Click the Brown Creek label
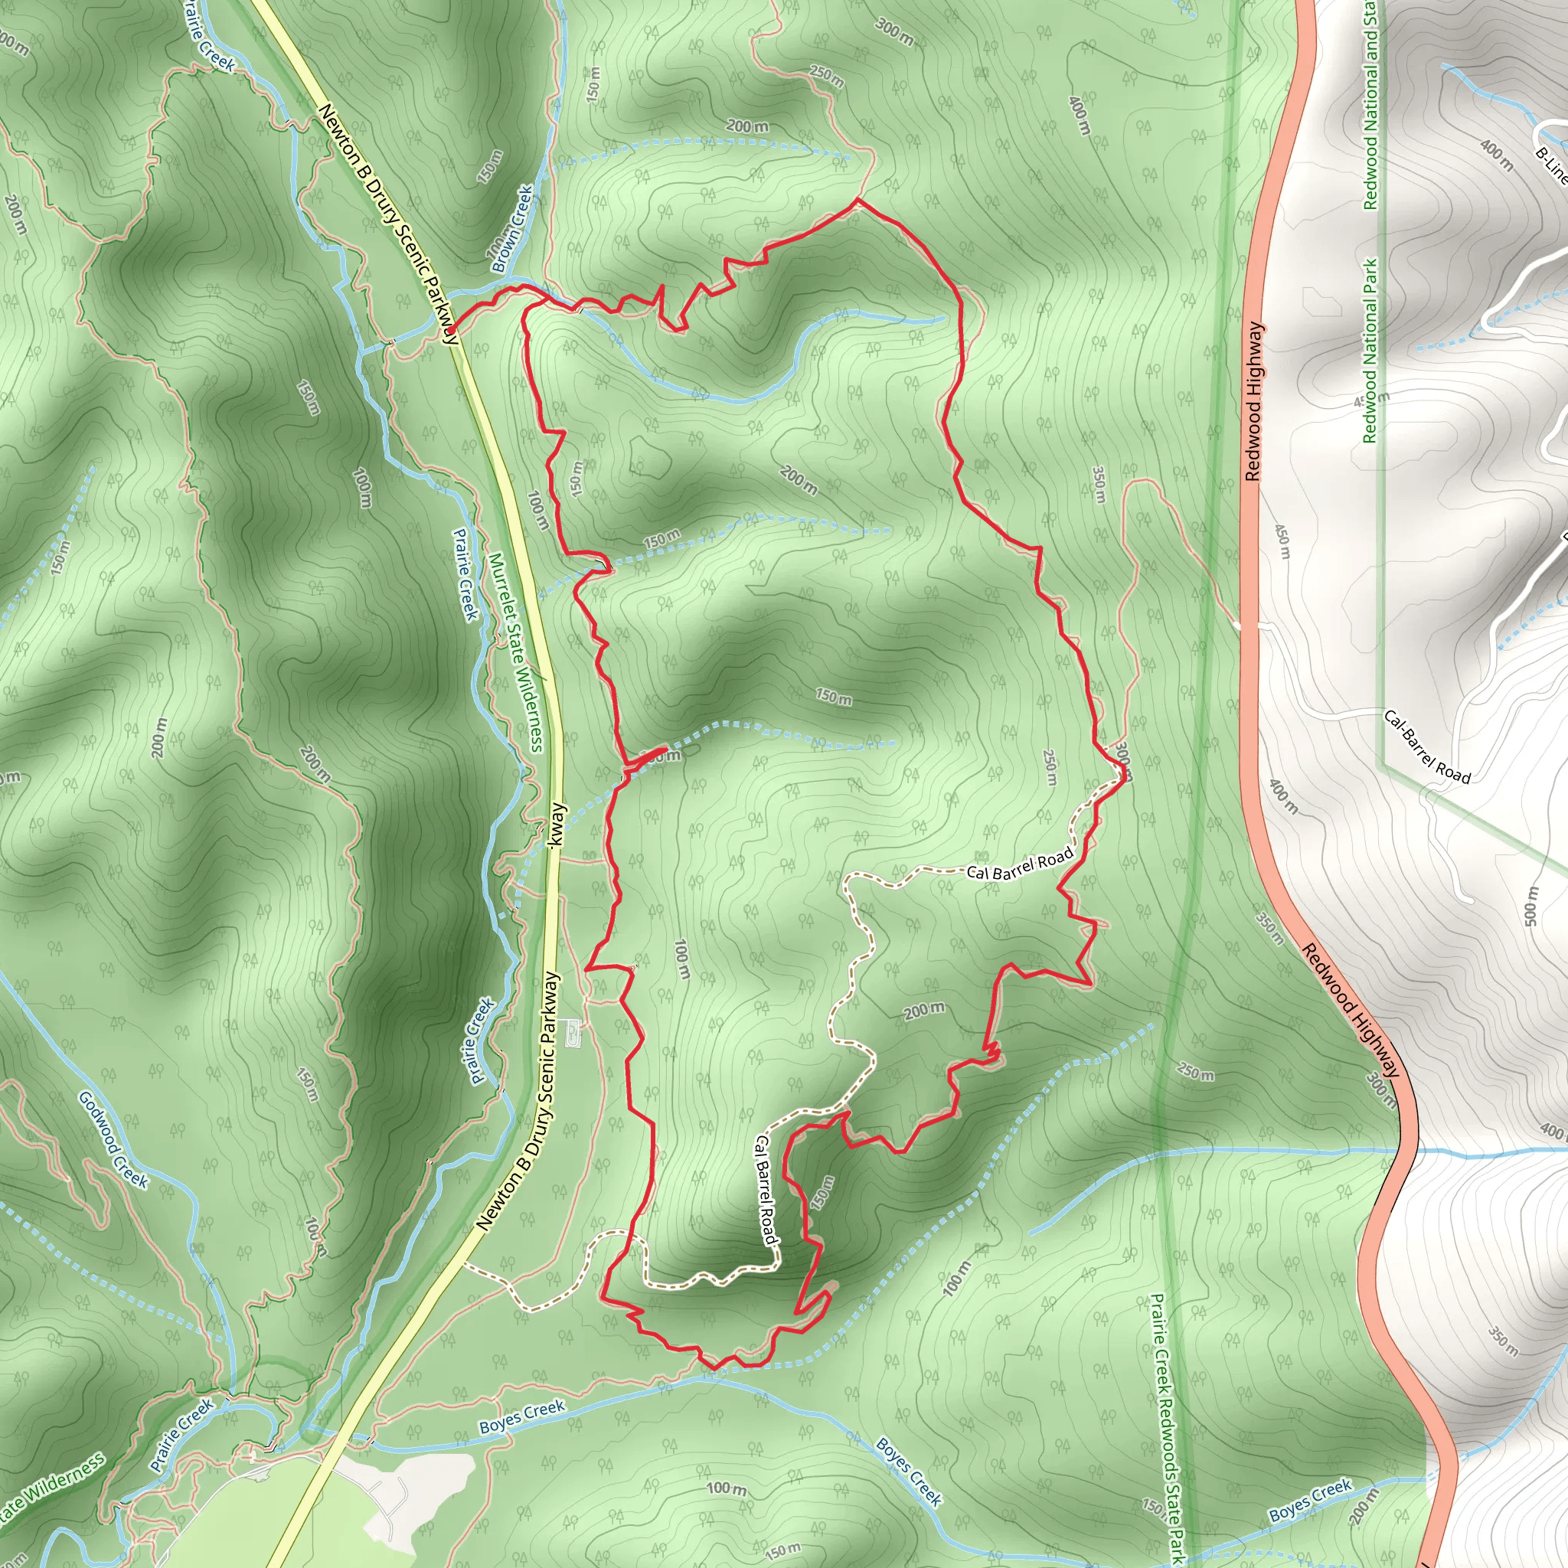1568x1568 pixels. (513, 229)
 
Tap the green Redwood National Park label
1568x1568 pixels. (1370, 350)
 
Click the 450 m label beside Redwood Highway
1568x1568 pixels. (1282, 541)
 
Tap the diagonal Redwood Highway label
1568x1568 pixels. (1351, 1010)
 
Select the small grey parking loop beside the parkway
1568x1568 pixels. (573, 1031)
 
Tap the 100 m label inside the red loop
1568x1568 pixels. (682, 959)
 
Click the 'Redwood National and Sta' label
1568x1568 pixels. (1370, 106)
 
